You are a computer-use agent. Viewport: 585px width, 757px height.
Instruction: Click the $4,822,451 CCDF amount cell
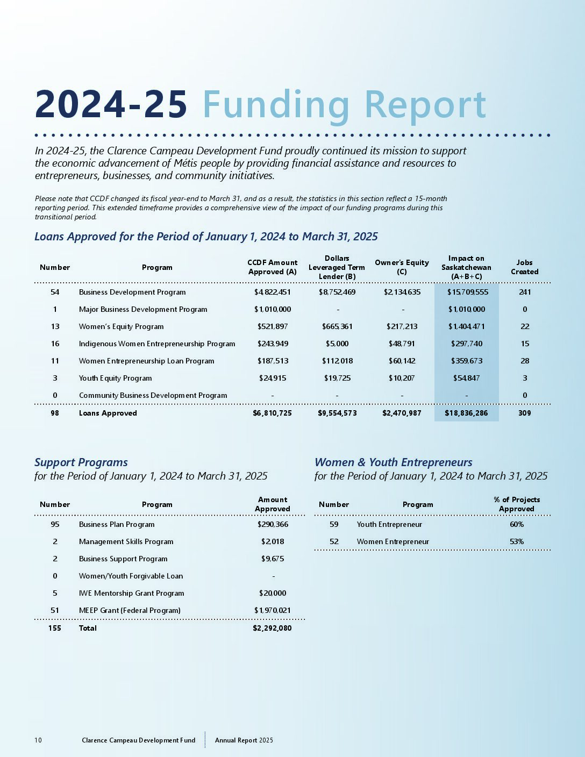[272, 292]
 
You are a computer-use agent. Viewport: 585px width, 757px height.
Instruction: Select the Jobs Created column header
[524, 267]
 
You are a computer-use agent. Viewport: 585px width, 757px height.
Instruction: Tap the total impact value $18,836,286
[466, 413]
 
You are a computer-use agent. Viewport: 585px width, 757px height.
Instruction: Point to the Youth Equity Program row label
[115, 378]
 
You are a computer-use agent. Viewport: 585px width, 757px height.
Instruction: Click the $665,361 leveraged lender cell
[337, 326]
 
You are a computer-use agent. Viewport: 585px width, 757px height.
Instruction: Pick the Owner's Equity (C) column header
[402, 267]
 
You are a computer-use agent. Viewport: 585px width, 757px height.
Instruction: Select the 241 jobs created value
[525, 292]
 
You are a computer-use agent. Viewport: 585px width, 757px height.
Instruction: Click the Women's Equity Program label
[121, 326]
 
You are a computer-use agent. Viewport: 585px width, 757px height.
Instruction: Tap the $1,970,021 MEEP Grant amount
[272, 610]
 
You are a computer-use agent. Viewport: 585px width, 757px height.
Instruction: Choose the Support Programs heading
[81, 462]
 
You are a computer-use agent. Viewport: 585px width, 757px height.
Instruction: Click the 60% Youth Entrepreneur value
[517, 524]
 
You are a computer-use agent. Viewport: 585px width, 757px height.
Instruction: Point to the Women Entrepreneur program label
[393, 541]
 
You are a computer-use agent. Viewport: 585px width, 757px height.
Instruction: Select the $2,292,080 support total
[272, 628]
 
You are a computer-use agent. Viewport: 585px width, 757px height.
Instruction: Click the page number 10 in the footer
[38, 740]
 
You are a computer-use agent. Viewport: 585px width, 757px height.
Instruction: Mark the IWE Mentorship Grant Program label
[131, 593]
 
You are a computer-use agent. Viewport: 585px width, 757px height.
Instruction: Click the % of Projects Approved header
[517, 504]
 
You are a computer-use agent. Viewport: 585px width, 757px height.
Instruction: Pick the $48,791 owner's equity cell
[402, 344]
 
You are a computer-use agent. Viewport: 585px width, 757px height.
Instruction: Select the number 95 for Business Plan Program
[55, 524]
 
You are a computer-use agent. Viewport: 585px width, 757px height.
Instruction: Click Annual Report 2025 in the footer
[244, 740]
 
